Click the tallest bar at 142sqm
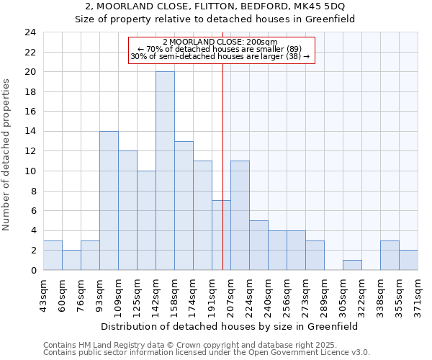[x=165, y=171]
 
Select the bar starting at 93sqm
[x=109, y=201]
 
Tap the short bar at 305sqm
[x=352, y=265]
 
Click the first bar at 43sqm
[x=53, y=256]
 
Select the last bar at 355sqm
[x=408, y=260]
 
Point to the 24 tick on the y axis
[x=31, y=32]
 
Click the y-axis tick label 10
[x=31, y=171]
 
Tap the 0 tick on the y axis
[x=34, y=271]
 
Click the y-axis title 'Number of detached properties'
[x=7, y=156]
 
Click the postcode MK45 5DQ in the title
[x=314, y=6]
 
